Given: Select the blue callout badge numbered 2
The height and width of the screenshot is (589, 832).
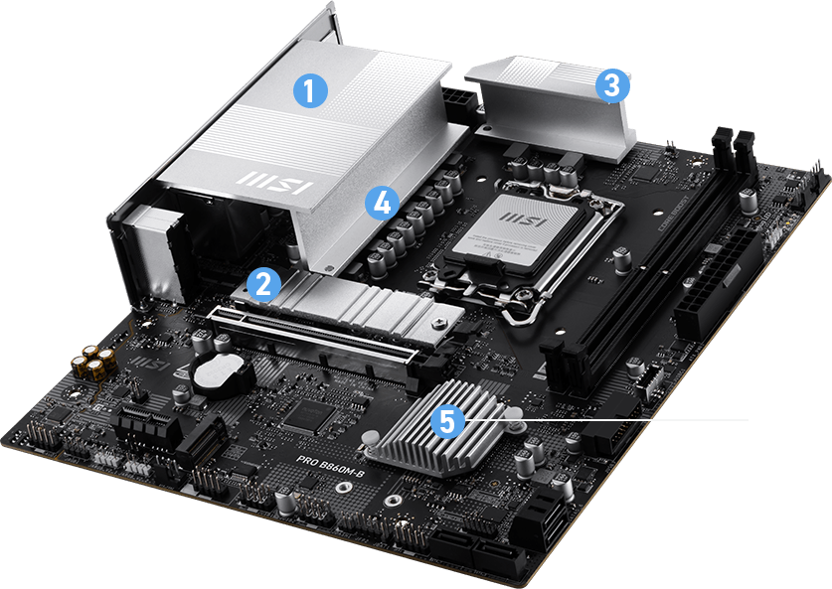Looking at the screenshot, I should pos(262,284).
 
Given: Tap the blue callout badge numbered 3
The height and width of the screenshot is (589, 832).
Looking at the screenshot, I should pos(612,84).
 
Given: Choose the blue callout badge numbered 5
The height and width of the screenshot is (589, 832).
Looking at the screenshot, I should pos(448,421).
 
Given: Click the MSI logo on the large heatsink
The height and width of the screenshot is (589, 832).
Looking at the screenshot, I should pos(274,183).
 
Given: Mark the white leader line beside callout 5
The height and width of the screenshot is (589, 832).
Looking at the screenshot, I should pos(636,420).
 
